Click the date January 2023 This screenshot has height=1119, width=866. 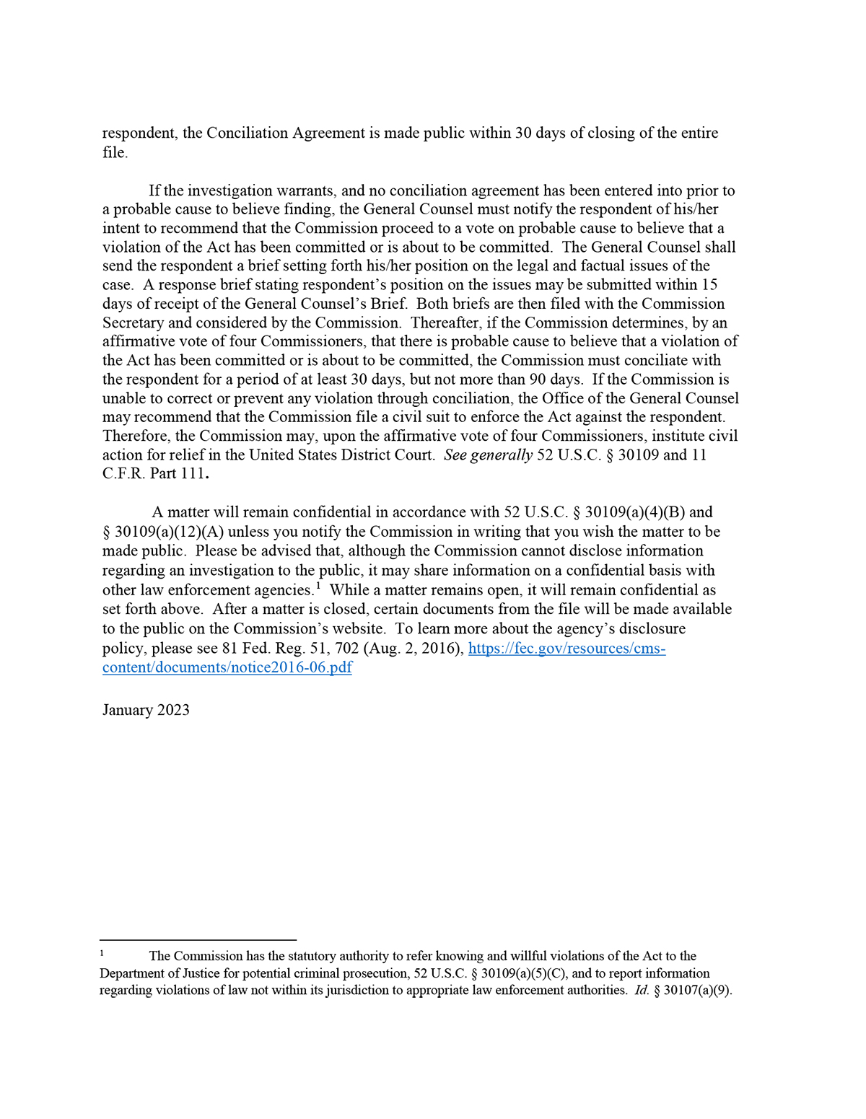(x=146, y=710)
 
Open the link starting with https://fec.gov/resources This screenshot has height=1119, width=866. (x=567, y=648)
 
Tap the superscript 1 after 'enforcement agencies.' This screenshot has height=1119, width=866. (x=318, y=586)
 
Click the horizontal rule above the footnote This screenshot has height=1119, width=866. (x=198, y=940)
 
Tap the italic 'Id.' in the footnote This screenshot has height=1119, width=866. (x=642, y=991)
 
